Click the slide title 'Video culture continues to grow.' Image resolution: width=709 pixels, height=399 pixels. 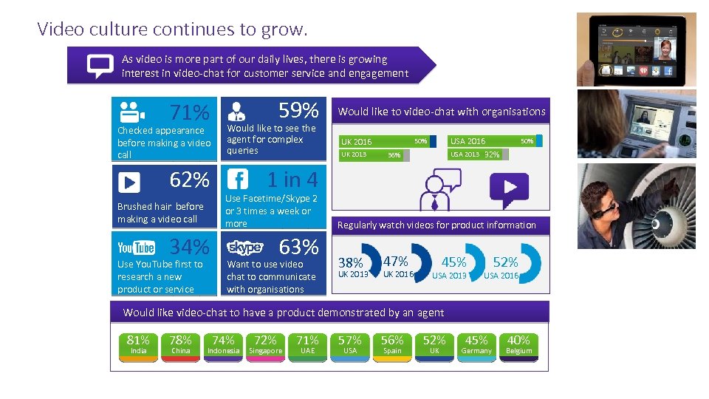click(172, 30)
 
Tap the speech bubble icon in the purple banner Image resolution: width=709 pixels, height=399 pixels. click(100, 66)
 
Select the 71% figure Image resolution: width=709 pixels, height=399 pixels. click(190, 113)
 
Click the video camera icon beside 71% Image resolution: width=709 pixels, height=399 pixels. click(131, 112)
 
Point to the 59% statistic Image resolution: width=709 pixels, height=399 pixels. click(298, 111)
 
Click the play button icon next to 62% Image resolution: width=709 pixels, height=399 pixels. click(129, 182)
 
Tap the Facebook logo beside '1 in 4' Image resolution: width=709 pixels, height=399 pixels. click(238, 180)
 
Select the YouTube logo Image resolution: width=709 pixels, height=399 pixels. click(136, 248)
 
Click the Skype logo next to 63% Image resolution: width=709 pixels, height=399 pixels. click(244, 248)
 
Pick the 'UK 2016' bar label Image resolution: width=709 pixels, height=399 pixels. click(356, 141)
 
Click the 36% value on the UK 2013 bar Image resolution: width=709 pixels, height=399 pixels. click(394, 155)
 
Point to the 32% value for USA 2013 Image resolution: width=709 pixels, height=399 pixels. click(492, 154)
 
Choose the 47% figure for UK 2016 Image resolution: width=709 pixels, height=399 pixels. click(396, 261)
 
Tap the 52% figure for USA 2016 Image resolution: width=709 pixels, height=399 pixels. click(505, 262)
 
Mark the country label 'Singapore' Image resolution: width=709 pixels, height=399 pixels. click(265, 351)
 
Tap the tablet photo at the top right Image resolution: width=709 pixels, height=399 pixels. click(636, 48)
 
